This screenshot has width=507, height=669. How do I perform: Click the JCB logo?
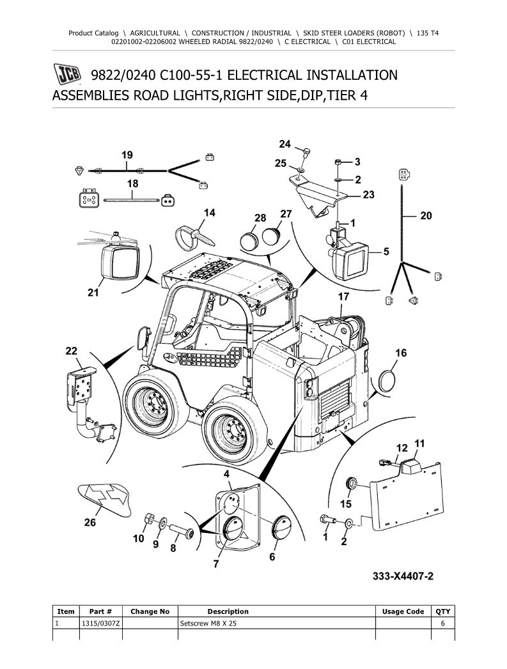pyautogui.click(x=67, y=74)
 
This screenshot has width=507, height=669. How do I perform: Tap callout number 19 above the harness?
pyautogui.click(x=127, y=155)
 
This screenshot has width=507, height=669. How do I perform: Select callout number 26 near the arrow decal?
pyautogui.click(x=90, y=522)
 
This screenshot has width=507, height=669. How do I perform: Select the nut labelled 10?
pyautogui.click(x=150, y=519)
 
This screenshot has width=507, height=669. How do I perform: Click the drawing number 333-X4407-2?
pyautogui.click(x=403, y=576)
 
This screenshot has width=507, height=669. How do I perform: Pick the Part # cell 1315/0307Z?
pyautogui.click(x=101, y=624)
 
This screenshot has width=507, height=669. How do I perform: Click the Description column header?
pyautogui.click(x=228, y=611)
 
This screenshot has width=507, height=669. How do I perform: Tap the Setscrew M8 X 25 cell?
pyautogui.click(x=208, y=624)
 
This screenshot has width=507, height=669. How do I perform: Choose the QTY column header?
pyautogui.click(x=443, y=611)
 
